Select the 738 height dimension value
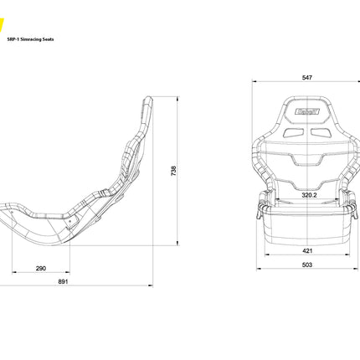(174, 170)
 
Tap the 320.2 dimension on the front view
(309, 196)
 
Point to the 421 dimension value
(307, 249)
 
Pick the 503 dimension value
(307, 265)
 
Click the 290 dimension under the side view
(41, 268)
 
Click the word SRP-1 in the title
(13, 39)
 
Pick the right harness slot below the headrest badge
(320, 131)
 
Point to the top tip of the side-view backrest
(148, 99)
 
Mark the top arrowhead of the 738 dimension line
(179, 98)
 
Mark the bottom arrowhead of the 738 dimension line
(179, 244)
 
